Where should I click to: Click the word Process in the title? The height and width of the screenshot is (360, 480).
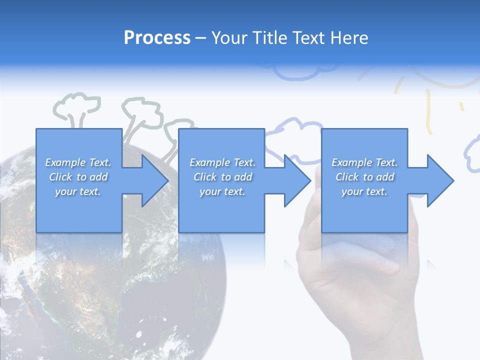point(157,38)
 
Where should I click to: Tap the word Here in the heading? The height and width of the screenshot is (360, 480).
point(349,38)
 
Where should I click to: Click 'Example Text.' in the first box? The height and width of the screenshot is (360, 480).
point(78,162)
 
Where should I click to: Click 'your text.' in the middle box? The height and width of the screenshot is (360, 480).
point(222,191)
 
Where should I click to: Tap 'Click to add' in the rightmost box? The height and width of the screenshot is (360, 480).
point(364,177)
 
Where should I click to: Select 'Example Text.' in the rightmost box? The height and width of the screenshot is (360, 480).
point(364,162)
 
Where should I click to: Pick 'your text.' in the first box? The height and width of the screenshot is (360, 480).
point(78,191)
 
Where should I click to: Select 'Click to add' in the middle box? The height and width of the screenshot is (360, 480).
point(222,177)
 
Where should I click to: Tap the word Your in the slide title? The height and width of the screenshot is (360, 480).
point(229,38)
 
